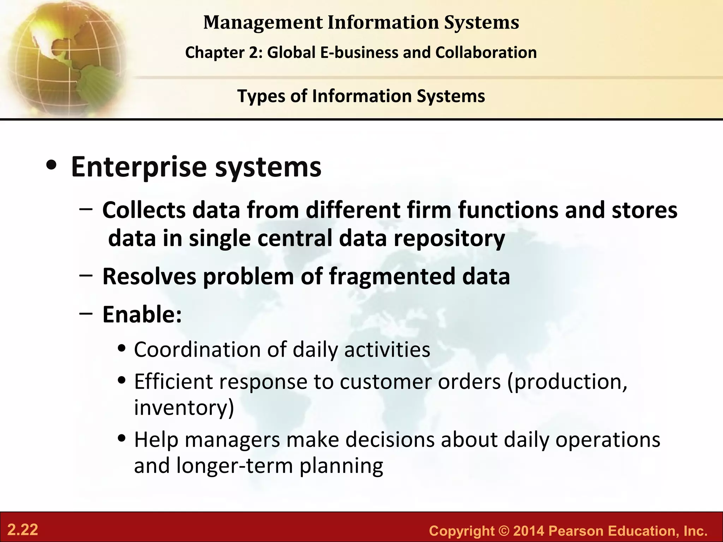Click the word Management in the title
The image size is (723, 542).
pyautogui.click(x=263, y=23)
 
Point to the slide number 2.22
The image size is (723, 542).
pyautogui.click(x=23, y=530)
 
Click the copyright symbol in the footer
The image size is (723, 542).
pyautogui.click(x=503, y=531)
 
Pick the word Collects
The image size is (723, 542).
pyautogui.click(x=144, y=210)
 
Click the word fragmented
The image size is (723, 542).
pyautogui.click(x=392, y=276)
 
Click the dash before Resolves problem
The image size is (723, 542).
pyautogui.click(x=86, y=275)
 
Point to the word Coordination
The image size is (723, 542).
pyautogui.click(x=197, y=350)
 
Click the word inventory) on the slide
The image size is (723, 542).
pyautogui.click(x=184, y=407)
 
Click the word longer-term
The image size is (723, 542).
pyautogui.click(x=235, y=465)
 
